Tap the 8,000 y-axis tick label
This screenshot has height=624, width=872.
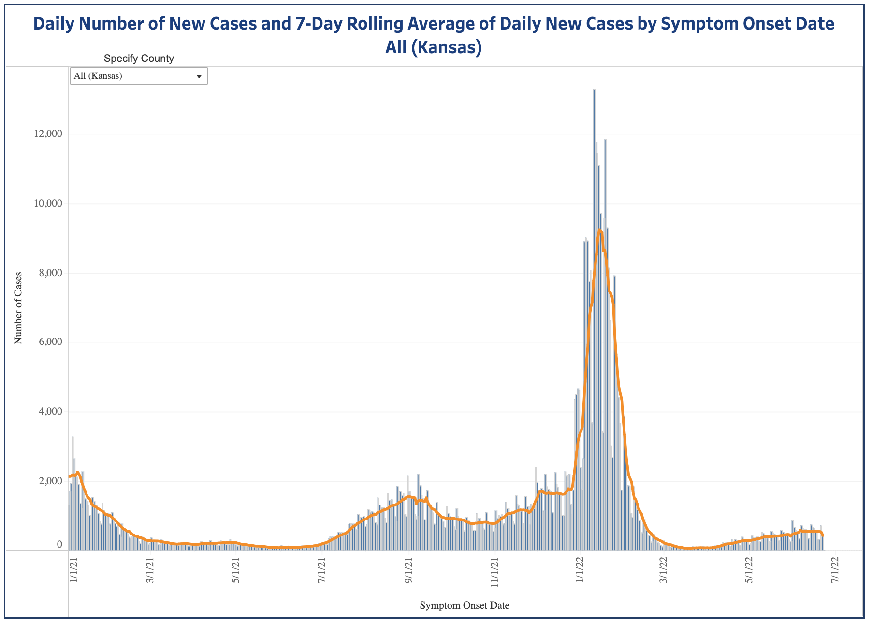tap(49, 273)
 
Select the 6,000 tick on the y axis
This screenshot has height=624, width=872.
tap(49, 342)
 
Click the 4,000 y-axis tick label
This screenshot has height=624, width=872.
tap(49, 412)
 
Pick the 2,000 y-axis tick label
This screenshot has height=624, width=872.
tap(49, 481)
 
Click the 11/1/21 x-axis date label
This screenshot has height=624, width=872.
tap(494, 572)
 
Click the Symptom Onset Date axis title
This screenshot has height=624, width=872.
tap(464, 605)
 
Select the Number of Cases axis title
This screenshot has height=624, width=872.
tap(18, 308)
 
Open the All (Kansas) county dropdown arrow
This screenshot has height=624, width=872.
tap(199, 76)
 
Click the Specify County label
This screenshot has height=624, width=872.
tap(139, 59)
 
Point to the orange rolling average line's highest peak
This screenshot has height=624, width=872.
tap(599, 230)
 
